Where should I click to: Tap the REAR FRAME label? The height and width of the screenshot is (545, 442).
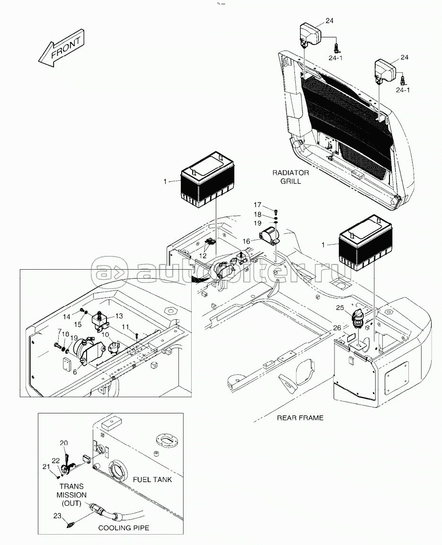tap(300, 418)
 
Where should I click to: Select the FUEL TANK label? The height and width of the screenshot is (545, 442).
tap(152, 479)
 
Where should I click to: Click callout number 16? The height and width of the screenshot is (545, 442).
tap(247, 241)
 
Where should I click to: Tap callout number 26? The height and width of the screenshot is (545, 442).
tap(337, 327)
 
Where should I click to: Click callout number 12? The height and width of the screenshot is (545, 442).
tap(203, 255)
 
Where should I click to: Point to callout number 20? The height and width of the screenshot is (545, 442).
tap(63, 443)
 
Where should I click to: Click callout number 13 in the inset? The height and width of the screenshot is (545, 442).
tap(118, 316)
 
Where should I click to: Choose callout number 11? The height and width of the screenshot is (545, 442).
tap(125, 327)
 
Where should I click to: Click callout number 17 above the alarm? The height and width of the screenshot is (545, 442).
tap(257, 205)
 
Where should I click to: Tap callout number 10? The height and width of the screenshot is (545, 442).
tap(105, 335)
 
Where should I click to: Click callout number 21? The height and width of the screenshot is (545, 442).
tap(46, 467)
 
